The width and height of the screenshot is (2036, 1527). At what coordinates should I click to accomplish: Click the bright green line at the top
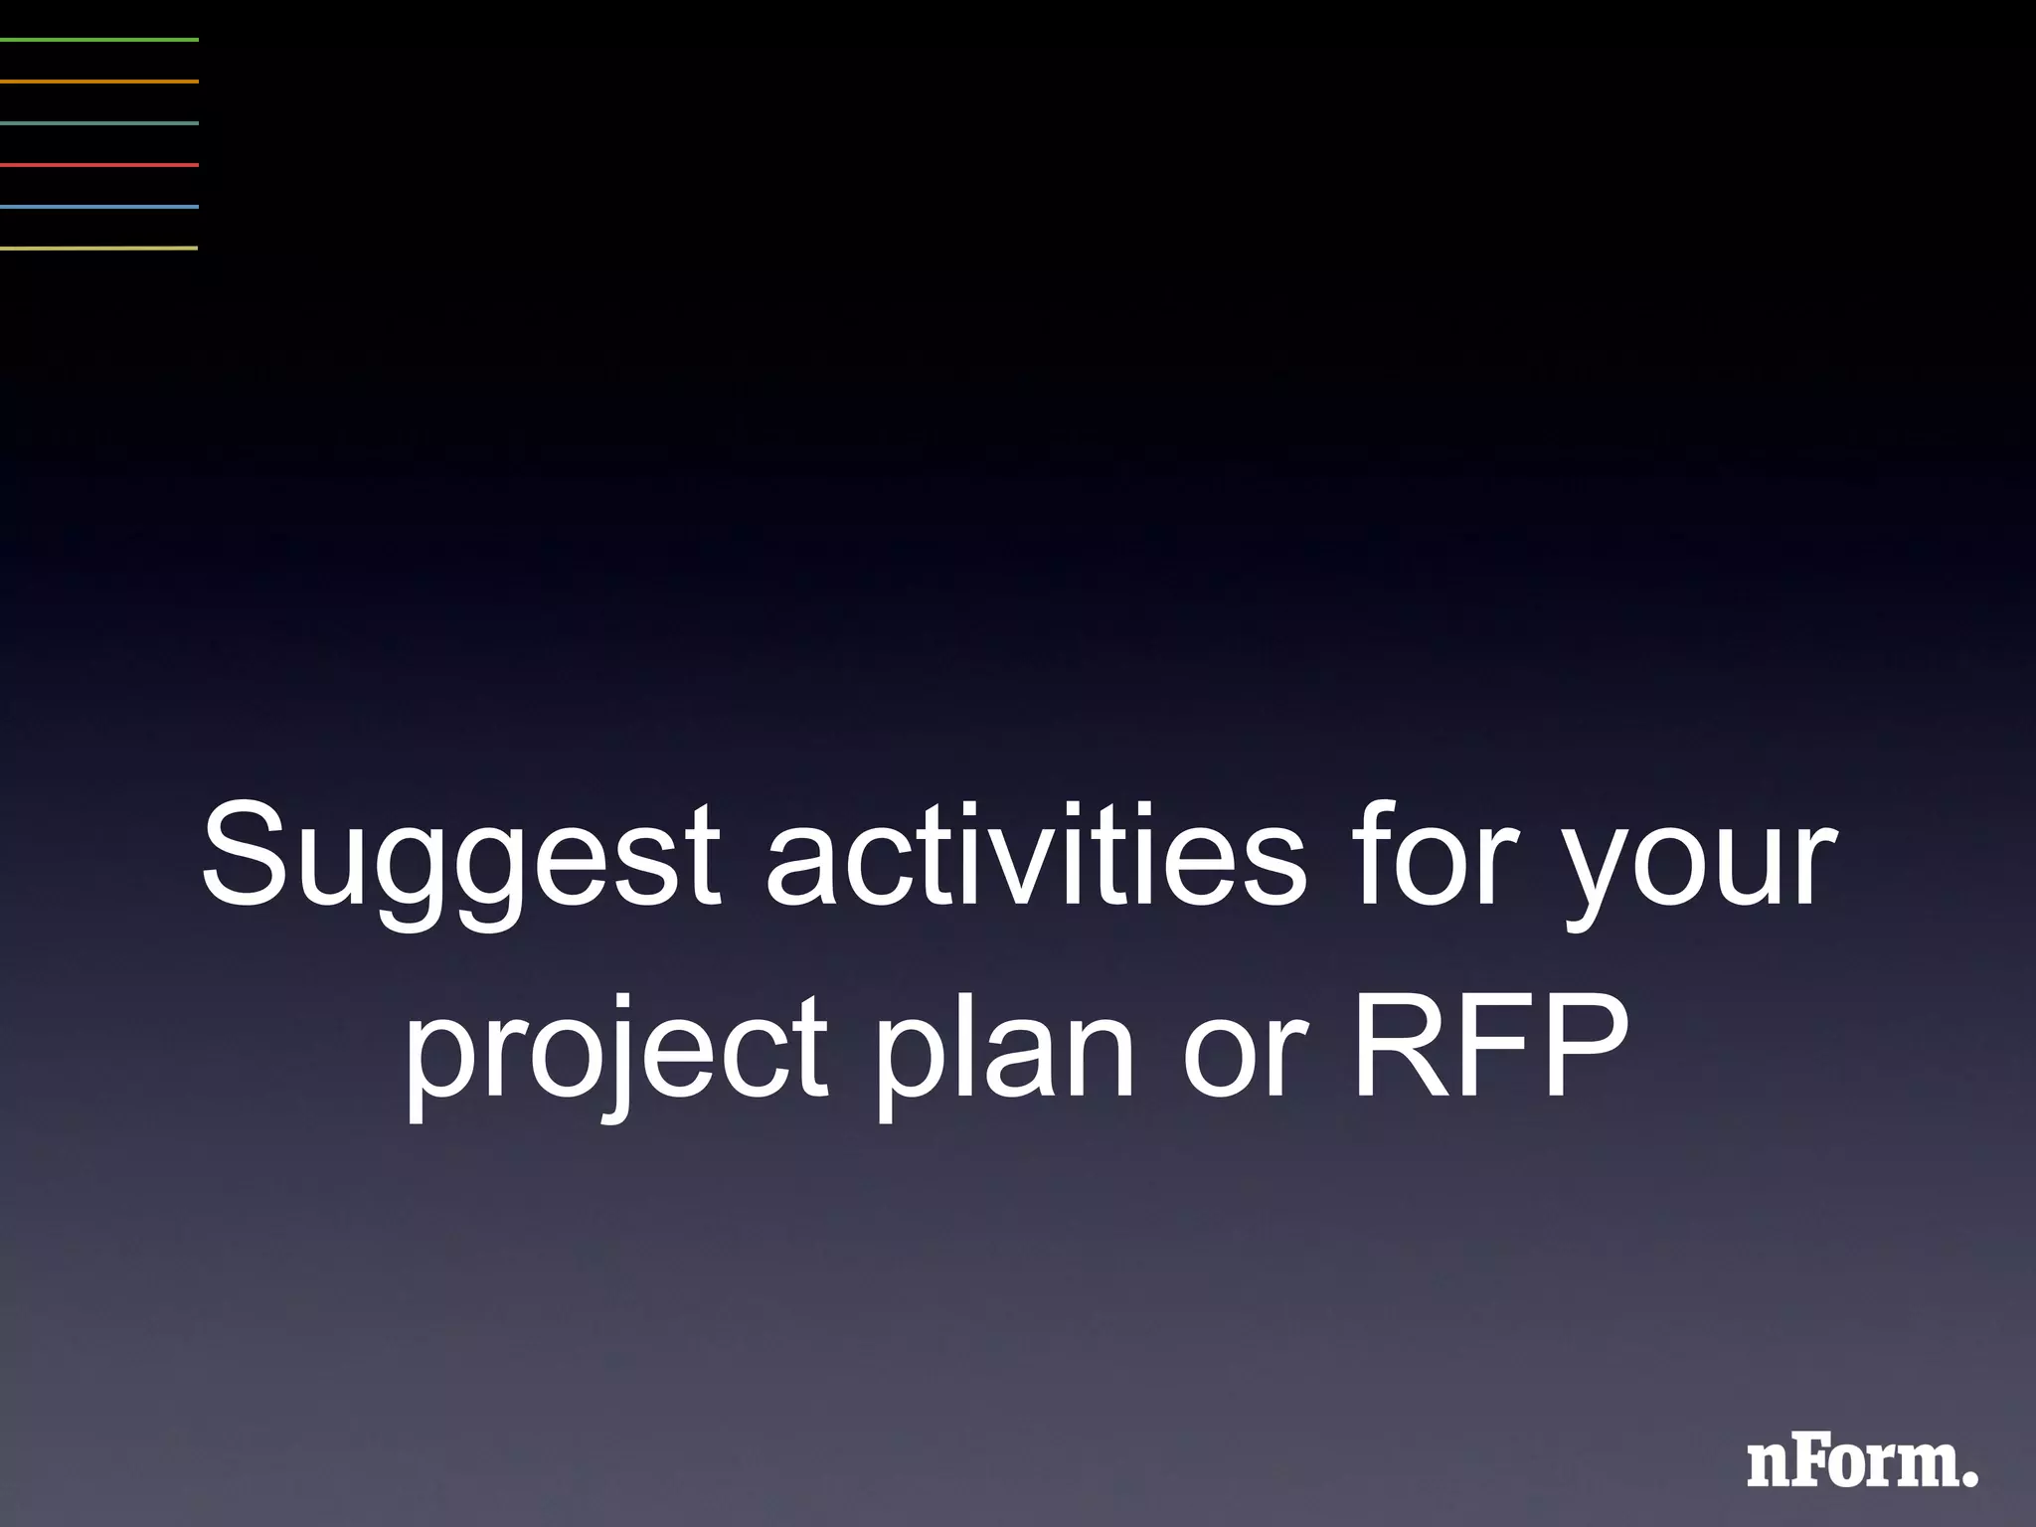coord(99,40)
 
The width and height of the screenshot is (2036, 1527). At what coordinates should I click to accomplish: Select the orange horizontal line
coord(99,82)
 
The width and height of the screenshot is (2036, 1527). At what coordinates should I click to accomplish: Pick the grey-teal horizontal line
coord(99,123)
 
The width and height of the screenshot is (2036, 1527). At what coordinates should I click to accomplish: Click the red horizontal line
coord(99,165)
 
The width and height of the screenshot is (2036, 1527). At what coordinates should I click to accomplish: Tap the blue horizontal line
coord(99,207)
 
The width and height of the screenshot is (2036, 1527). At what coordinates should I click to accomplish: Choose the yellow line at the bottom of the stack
coord(99,248)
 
